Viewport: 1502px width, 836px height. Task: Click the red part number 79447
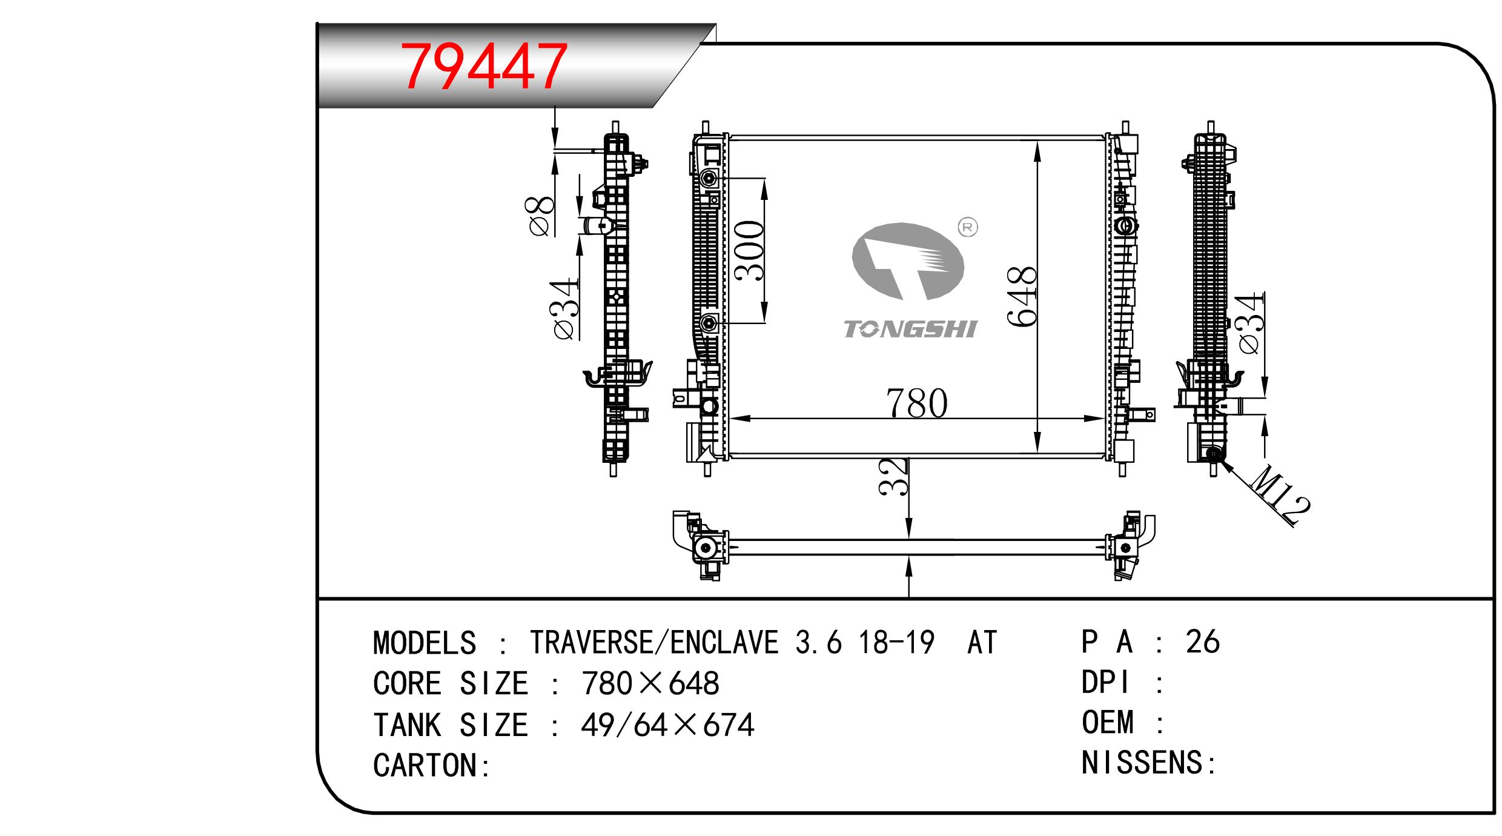point(486,67)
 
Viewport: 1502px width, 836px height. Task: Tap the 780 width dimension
point(917,403)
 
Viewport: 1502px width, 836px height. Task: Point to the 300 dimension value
point(749,250)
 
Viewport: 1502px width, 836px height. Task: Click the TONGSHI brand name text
point(910,330)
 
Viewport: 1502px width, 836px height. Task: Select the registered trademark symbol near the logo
point(968,227)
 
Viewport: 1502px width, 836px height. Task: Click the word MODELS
point(425,643)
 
